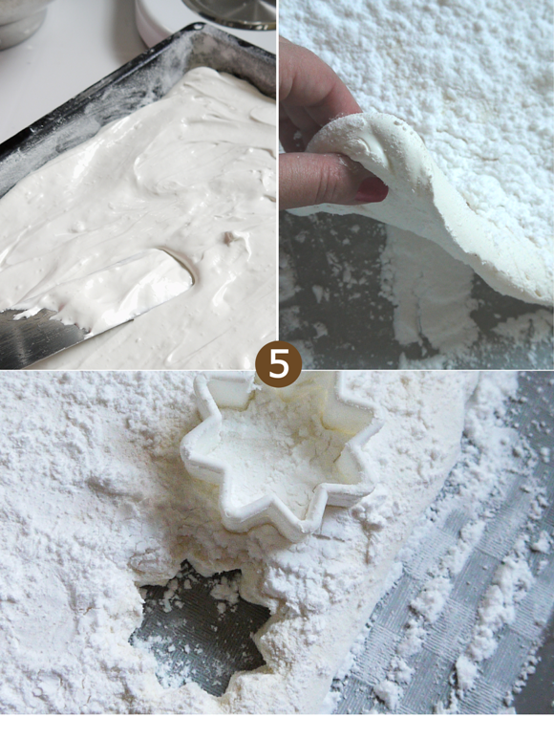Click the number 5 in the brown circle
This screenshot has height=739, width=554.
tap(278, 364)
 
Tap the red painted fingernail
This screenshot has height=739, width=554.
tap(372, 189)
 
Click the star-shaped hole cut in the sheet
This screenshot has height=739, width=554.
tap(202, 627)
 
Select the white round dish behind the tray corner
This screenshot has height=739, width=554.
tap(156, 21)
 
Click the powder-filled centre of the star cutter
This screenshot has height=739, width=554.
tap(278, 452)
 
